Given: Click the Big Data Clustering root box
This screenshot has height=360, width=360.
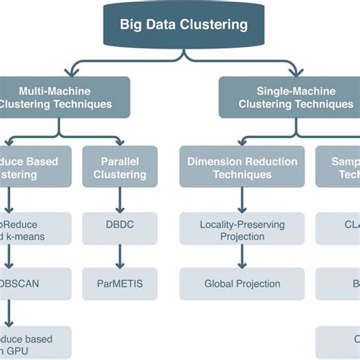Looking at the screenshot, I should (183, 25).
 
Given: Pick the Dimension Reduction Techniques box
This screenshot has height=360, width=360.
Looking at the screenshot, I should (242, 167).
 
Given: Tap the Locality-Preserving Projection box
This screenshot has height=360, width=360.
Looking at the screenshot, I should (242, 230).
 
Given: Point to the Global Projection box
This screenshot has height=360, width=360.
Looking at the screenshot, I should (242, 283).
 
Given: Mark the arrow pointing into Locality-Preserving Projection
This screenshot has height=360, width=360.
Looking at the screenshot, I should (242, 200).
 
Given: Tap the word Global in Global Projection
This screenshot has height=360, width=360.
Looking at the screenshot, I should (220, 283).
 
